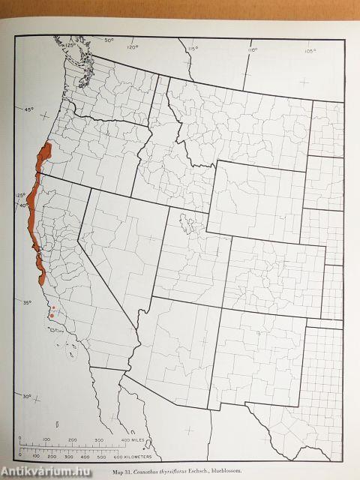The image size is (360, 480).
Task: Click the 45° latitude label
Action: click(x=28, y=110)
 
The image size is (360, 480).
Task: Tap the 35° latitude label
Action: click(x=27, y=302)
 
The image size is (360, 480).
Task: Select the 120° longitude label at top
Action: click(x=133, y=46)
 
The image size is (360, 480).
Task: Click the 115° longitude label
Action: click(x=192, y=49)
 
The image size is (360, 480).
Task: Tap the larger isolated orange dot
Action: click(x=51, y=316)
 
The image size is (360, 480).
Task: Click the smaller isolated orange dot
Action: click(x=54, y=307)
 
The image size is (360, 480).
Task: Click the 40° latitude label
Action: click(x=24, y=205)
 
